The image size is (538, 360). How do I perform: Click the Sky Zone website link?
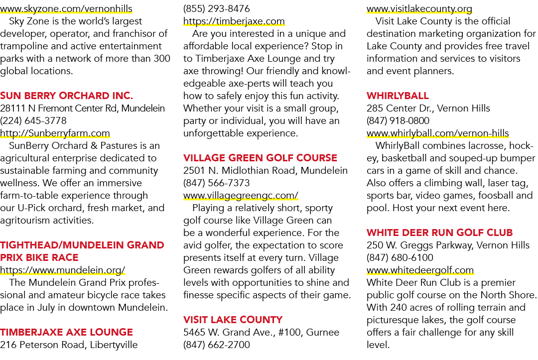(66, 8)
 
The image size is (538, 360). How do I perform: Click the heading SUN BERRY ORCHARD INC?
(67, 96)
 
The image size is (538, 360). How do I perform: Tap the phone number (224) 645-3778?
(33, 120)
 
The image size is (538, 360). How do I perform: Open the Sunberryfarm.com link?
(55, 133)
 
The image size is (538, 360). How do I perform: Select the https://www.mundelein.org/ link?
(62, 270)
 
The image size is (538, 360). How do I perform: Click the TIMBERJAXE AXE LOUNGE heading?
(67, 332)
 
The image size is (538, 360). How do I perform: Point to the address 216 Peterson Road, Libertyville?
(69, 345)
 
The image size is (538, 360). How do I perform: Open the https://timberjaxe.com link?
(234, 21)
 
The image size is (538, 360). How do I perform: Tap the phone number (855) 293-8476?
(217, 8)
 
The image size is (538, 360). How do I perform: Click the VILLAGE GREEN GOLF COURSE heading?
(260, 158)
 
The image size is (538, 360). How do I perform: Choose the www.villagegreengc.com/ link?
(241, 195)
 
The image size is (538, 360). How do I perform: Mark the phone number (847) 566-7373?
(217, 183)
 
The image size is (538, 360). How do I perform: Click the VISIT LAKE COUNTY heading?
(233, 320)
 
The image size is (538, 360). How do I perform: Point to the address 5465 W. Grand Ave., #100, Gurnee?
(261, 333)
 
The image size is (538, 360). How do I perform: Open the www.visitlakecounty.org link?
(419, 8)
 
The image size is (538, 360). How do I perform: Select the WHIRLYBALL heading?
(398, 96)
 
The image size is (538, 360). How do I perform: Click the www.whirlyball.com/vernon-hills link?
(437, 133)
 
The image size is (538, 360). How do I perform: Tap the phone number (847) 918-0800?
(398, 120)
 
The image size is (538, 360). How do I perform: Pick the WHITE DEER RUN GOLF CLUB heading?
(439, 233)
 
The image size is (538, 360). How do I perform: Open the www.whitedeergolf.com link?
(420, 270)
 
